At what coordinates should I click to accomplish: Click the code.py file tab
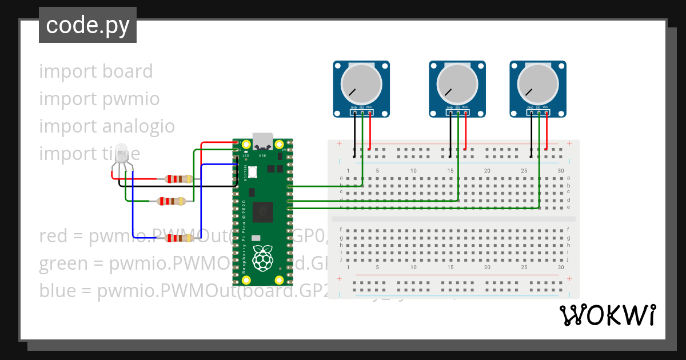click(87, 26)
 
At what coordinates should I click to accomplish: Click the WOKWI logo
click(607, 315)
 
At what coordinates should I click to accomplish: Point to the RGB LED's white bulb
click(122, 153)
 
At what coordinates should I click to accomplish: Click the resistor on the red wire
click(177, 179)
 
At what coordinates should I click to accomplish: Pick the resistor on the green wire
click(171, 201)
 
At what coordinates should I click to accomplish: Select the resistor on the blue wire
click(177, 238)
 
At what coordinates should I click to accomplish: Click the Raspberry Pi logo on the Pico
click(262, 257)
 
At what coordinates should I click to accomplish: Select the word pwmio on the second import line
click(131, 99)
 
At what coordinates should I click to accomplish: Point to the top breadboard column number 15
click(450, 171)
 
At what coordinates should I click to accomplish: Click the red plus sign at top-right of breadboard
click(569, 143)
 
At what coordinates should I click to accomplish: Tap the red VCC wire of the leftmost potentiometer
click(370, 131)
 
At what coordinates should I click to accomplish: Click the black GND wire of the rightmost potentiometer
click(531, 131)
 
